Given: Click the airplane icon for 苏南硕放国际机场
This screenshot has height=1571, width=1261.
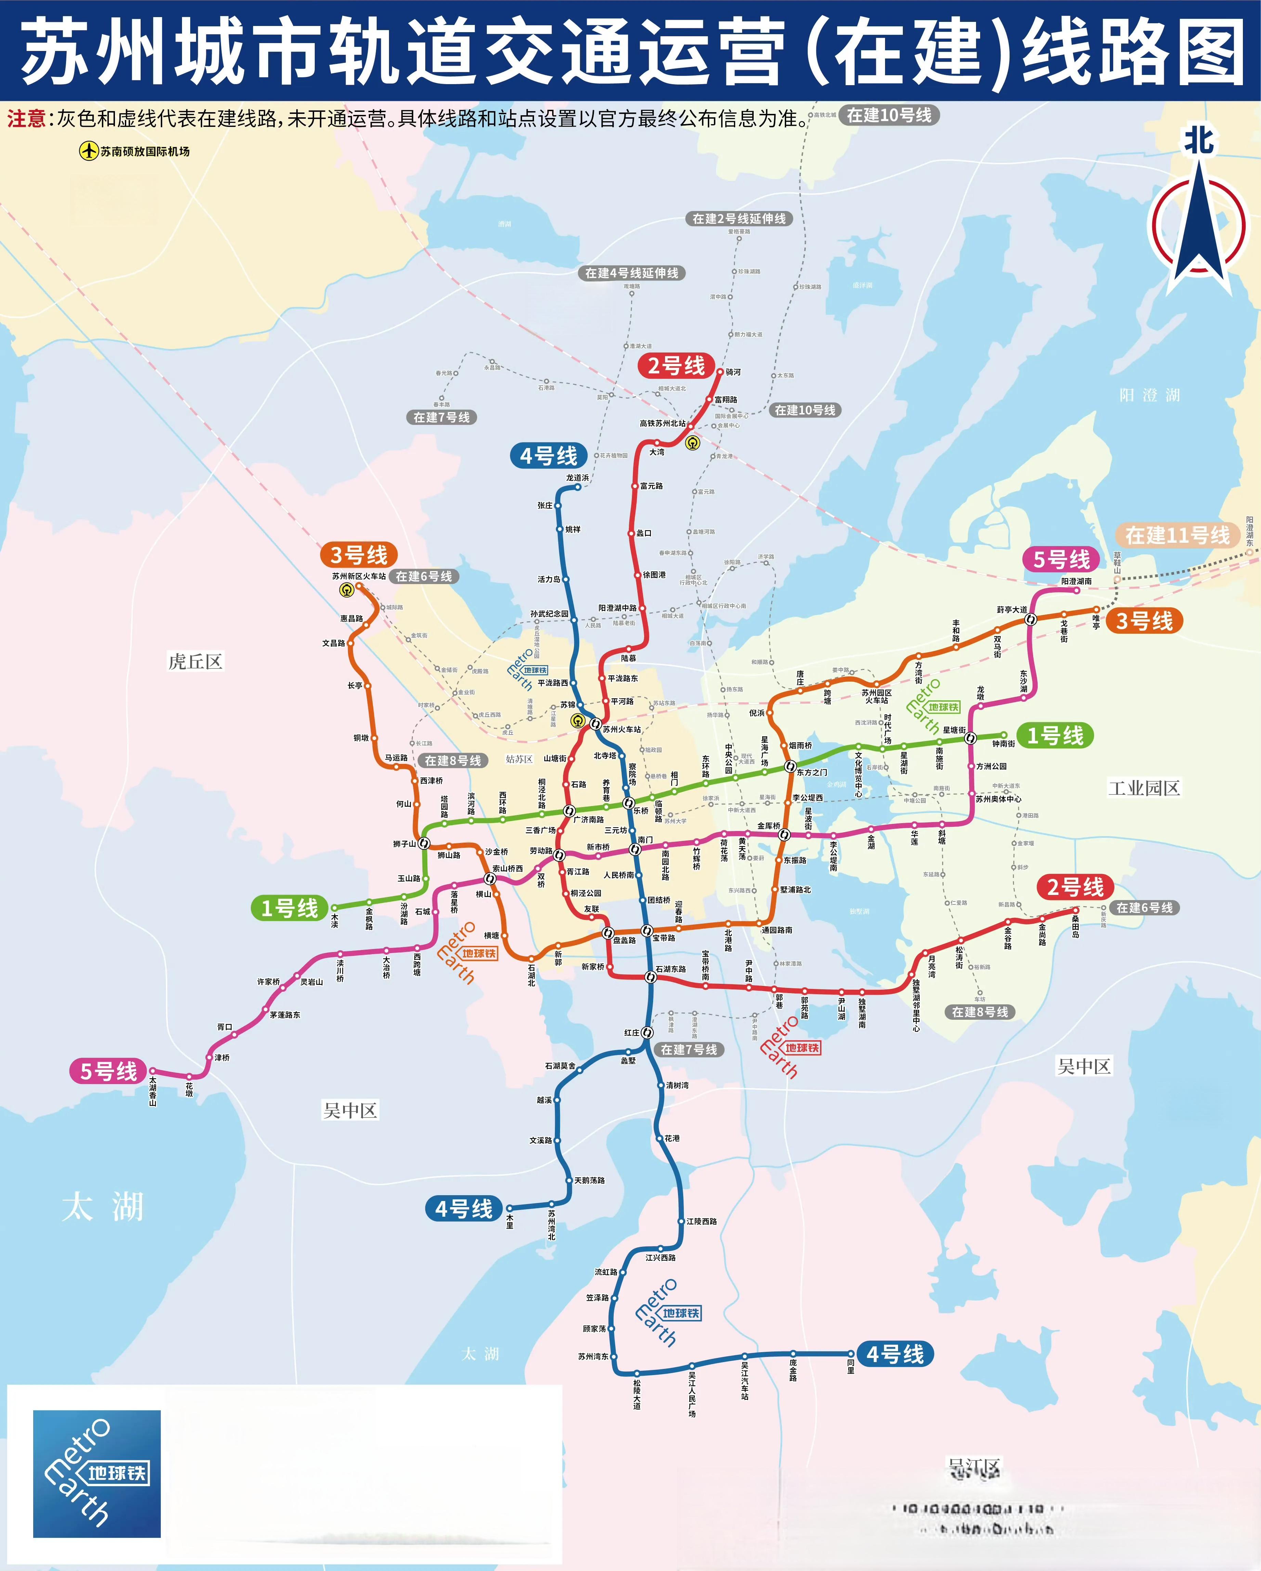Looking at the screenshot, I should click(x=88, y=151).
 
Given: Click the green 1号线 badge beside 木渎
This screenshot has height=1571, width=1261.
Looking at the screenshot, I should click(x=289, y=908).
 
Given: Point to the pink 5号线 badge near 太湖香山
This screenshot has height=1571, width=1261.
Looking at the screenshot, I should click(x=108, y=1071).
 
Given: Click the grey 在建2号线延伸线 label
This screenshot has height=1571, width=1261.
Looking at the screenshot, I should click(x=738, y=219).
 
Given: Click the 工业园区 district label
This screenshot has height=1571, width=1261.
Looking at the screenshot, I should click(x=1143, y=788).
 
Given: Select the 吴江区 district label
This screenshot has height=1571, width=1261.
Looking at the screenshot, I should click(x=974, y=1467).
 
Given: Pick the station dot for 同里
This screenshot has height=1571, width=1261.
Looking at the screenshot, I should click(x=850, y=1354).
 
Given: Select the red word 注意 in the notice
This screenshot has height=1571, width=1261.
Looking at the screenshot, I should click(x=26, y=119).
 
